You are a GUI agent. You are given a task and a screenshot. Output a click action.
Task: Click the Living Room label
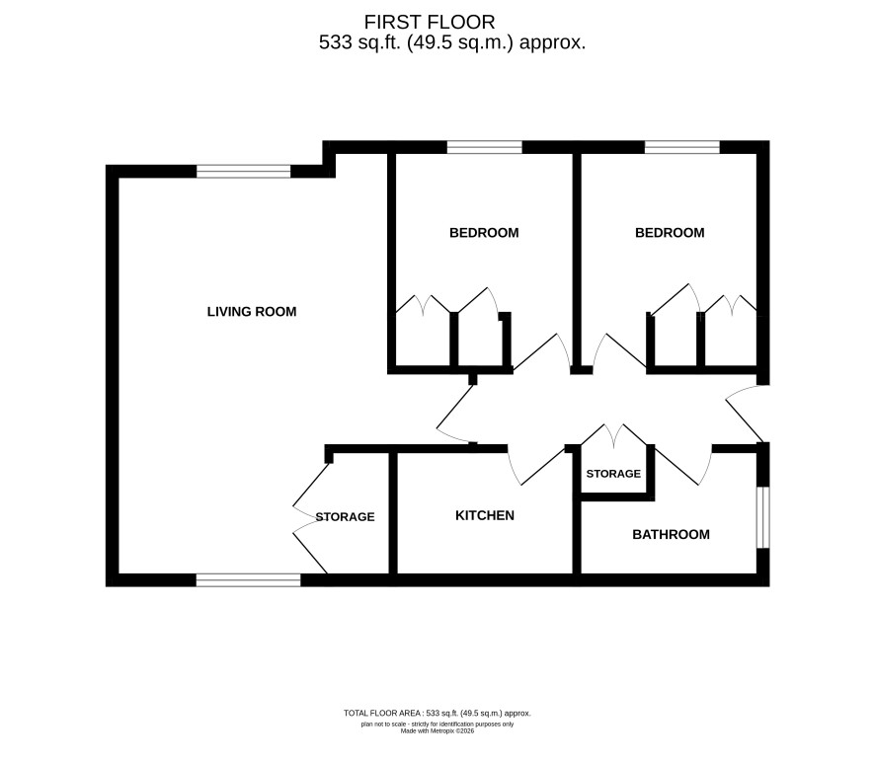(252, 311)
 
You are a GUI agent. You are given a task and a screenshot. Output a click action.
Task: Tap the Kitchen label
(485, 515)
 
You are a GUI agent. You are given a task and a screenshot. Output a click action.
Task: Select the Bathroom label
(671, 534)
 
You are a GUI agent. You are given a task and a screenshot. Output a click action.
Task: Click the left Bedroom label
(484, 233)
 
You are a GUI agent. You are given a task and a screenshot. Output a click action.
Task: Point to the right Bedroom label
(670, 233)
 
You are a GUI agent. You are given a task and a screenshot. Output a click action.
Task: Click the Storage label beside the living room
(345, 517)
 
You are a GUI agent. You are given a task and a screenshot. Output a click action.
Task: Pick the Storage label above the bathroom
(613, 474)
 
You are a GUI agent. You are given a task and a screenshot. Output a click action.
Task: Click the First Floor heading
(430, 22)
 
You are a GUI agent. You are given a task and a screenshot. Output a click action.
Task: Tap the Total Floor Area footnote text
(437, 713)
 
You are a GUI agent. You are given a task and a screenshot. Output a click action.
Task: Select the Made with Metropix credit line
(437, 730)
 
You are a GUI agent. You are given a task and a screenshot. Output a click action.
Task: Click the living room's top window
(244, 172)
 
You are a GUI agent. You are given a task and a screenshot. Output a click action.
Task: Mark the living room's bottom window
(248, 580)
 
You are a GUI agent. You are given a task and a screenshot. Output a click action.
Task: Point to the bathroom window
(762, 517)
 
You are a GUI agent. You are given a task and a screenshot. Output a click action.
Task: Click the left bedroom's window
(484, 147)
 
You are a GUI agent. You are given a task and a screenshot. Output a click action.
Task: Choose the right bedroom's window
(682, 147)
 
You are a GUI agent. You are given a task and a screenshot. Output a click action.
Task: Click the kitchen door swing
(535, 469)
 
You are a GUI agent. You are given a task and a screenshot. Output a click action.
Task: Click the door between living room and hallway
(456, 412)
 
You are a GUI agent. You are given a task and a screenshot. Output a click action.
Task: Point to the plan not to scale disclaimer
(437, 724)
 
